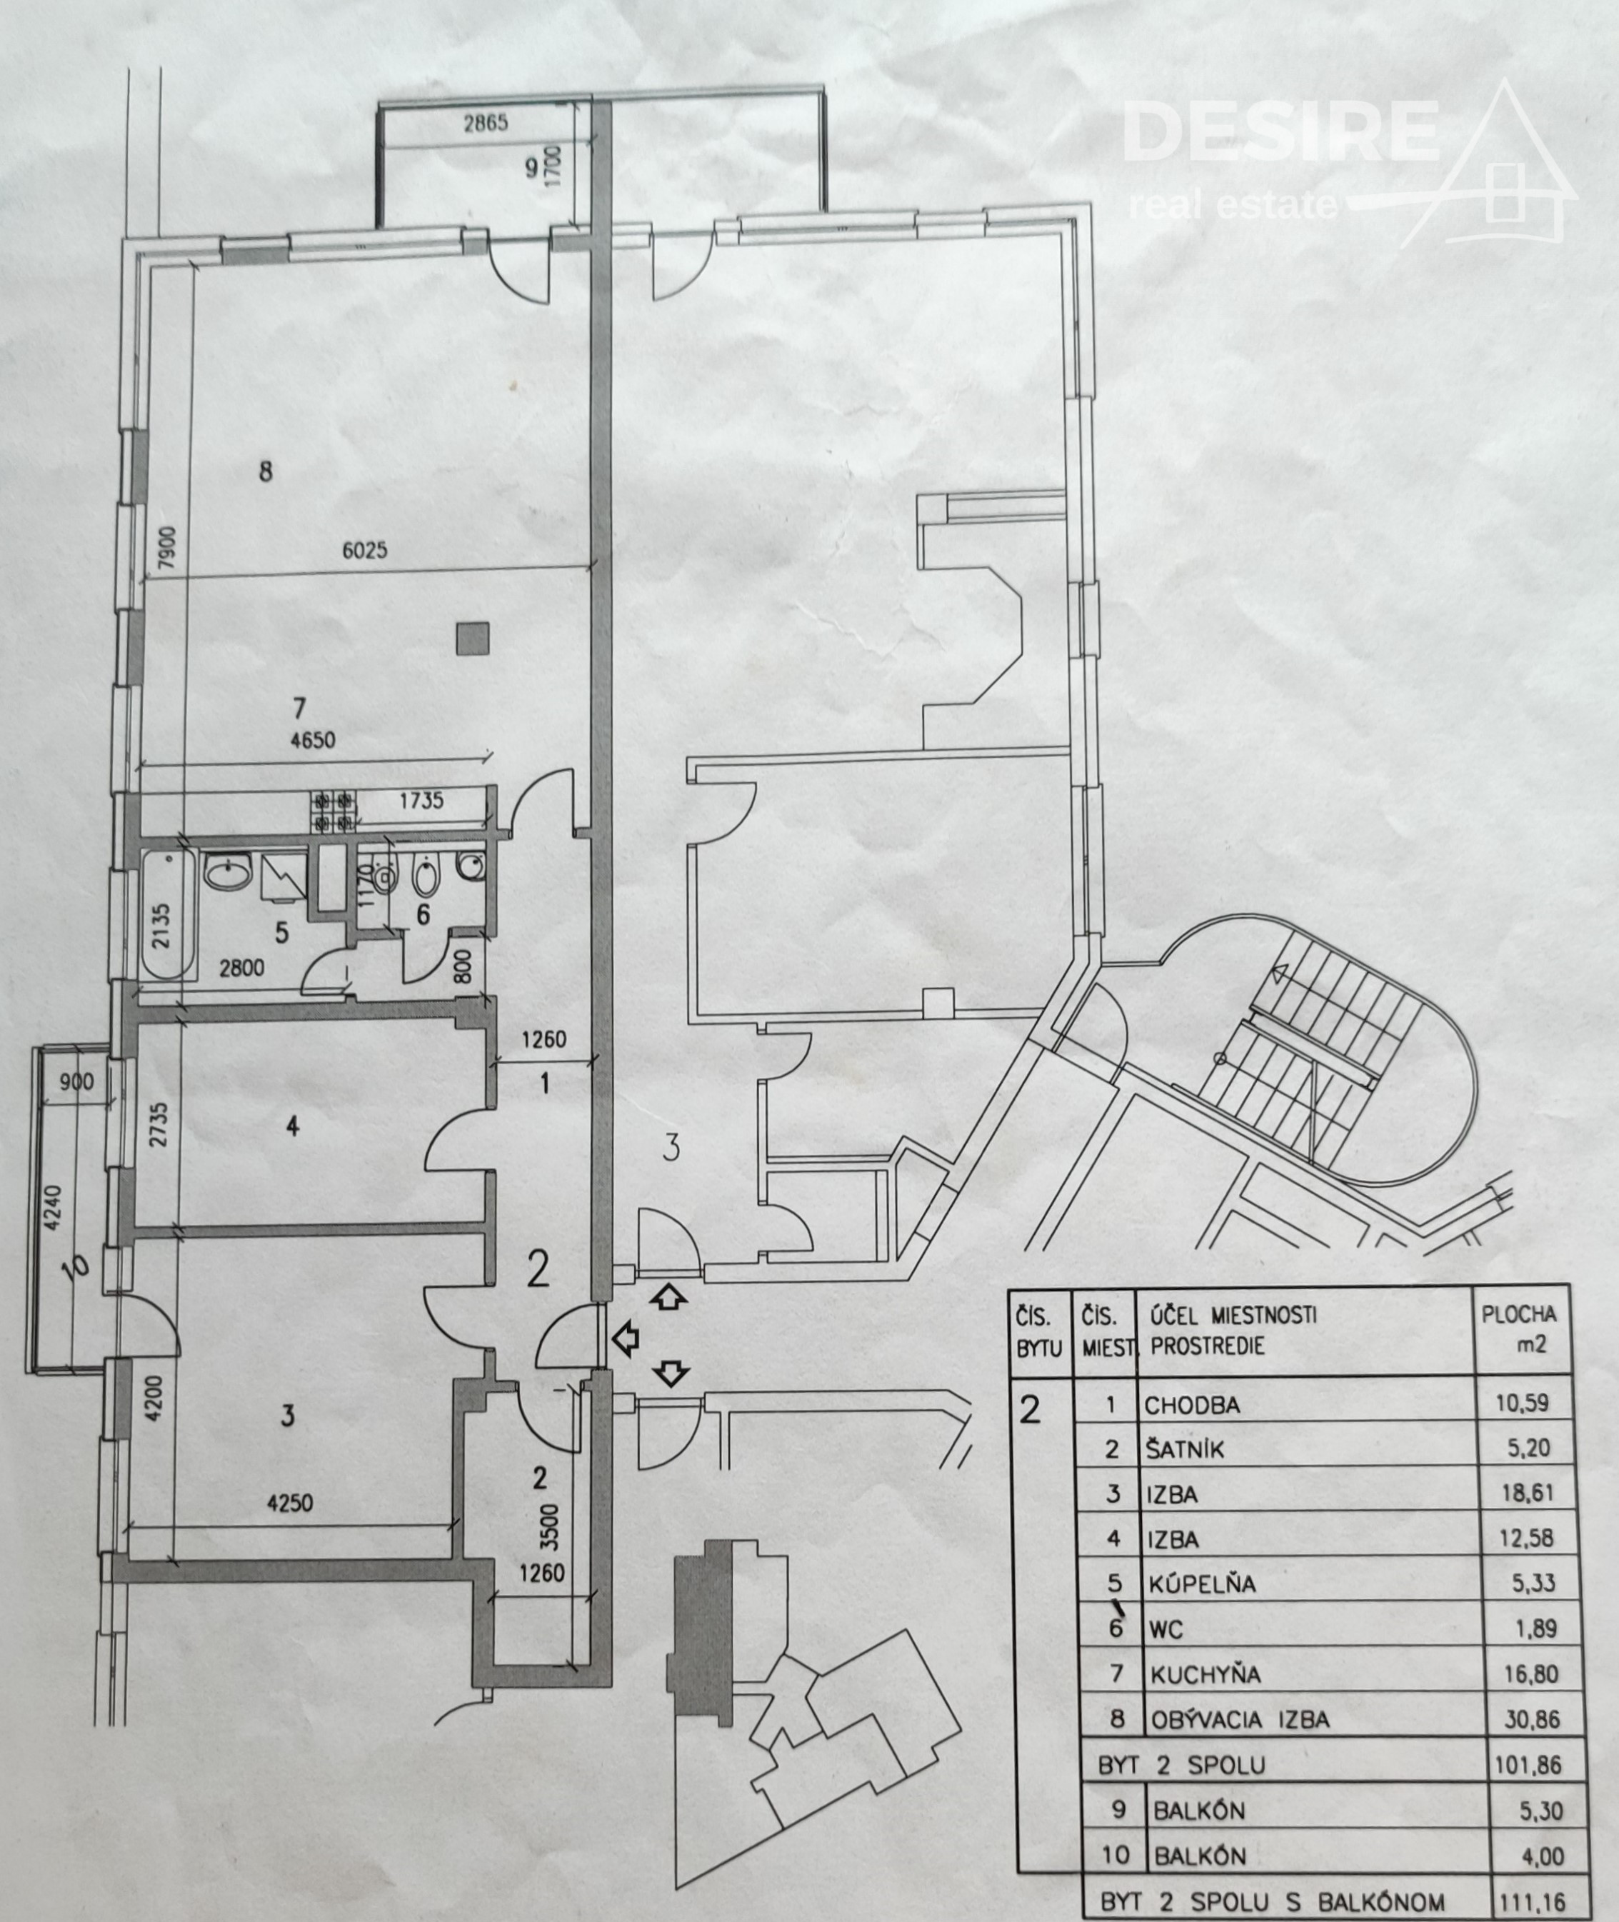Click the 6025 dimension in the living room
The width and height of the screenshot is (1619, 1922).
click(364, 551)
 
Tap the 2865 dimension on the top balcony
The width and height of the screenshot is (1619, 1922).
click(486, 123)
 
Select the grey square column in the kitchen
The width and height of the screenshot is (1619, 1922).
click(473, 639)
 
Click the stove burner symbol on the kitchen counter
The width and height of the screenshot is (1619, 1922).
click(334, 812)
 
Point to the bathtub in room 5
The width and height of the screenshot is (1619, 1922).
click(169, 915)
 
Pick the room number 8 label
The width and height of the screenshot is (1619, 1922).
click(265, 472)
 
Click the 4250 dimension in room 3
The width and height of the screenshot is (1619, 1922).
click(289, 1503)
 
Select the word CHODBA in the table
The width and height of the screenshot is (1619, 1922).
click(1191, 1405)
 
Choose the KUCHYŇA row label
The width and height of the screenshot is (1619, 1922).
click(1205, 1674)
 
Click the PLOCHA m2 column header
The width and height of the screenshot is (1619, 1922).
click(1519, 1329)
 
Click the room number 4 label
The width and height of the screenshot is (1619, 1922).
click(293, 1126)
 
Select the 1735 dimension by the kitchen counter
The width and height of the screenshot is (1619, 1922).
click(421, 801)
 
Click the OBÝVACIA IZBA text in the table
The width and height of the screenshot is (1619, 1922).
click(1239, 1719)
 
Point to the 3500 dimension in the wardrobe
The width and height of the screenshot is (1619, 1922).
click(548, 1526)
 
